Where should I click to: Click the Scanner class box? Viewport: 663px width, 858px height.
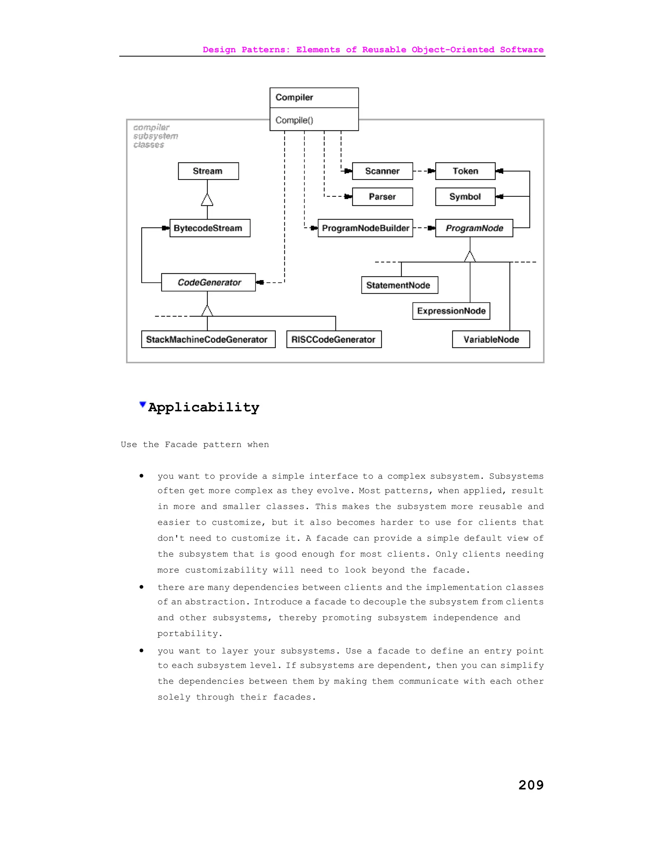click(382, 171)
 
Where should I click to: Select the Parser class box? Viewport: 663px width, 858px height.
click(382, 197)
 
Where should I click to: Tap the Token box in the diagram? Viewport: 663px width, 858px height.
click(465, 171)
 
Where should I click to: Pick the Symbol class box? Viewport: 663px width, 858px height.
click(465, 197)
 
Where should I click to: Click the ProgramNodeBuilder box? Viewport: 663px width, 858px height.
click(365, 228)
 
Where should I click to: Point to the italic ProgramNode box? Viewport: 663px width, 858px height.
click(474, 228)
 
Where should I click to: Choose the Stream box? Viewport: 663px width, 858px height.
click(208, 171)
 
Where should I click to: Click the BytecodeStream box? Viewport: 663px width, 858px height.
click(210, 228)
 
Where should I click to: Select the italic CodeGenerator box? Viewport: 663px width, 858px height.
click(208, 282)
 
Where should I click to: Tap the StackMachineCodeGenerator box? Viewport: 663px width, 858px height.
click(208, 339)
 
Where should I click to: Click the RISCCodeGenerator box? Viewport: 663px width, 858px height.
click(334, 339)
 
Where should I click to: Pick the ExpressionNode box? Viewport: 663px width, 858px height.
click(451, 311)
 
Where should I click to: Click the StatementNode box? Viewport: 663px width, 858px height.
click(399, 285)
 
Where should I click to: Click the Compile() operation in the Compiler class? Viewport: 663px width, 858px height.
click(294, 120)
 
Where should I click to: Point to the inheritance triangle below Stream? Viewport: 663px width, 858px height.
click(207, 200)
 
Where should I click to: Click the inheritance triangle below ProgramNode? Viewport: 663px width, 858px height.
click(470, 256)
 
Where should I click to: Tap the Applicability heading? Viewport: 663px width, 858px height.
click(203, 407)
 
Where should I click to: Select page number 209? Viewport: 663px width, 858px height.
click(531, 785)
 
